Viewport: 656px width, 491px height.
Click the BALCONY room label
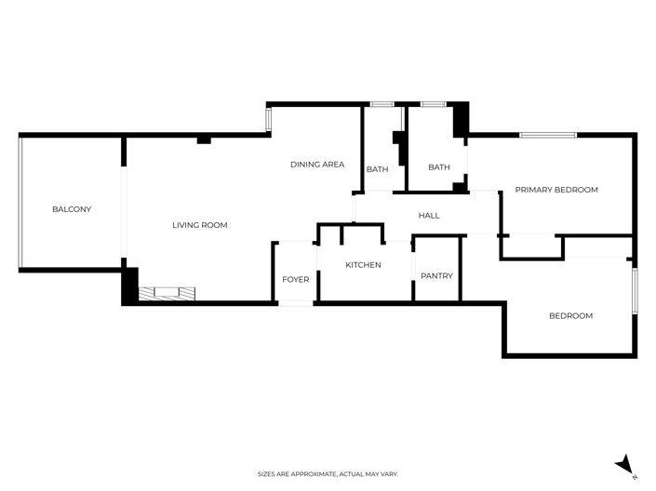72,209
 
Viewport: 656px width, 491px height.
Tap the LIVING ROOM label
199,225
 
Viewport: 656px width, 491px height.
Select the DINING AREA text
317,165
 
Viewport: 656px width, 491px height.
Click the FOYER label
295,279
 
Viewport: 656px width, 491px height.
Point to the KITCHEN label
363,265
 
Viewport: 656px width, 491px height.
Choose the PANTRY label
436,275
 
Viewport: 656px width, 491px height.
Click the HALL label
428,216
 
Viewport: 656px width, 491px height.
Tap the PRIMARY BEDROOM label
556,190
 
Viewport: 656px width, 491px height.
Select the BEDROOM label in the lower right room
570,316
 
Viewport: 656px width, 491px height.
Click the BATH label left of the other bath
377,169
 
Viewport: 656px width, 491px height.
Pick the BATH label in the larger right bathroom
438,167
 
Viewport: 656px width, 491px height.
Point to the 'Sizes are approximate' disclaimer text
328,474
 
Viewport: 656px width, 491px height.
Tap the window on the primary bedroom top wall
548,136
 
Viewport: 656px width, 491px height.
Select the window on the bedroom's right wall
636,290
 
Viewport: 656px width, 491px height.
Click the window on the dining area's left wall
269,120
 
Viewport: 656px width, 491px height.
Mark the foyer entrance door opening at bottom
296,303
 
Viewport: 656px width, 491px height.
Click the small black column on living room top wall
204,139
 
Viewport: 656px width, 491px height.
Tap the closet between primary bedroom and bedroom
532,245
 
